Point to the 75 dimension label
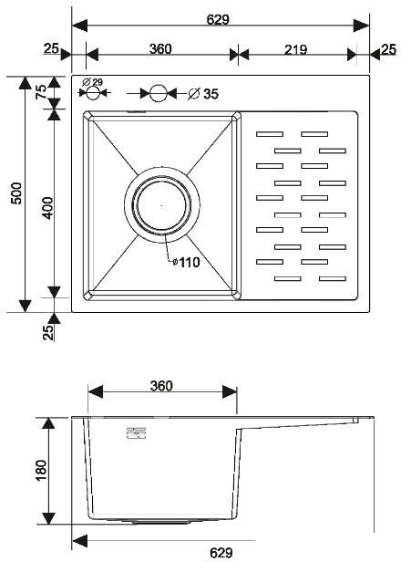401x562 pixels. [41, 92]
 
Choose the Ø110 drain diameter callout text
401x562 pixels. [185, 262]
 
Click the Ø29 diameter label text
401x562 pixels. [92, 83]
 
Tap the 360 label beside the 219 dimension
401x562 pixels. [160, 50]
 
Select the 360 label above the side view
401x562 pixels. [160, 386]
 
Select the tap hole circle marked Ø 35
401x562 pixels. [159, 93]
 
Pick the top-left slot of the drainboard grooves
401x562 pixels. [271, 134]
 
